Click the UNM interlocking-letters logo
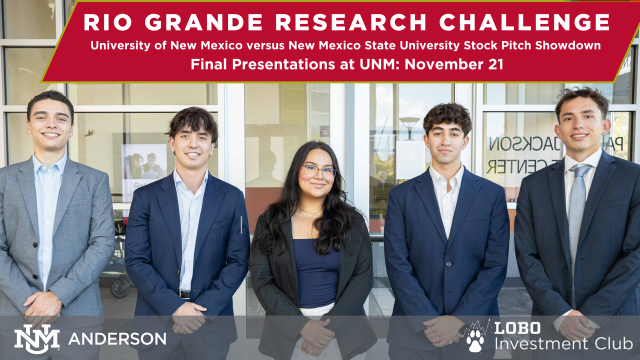point(36,339)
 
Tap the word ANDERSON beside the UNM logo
point(117,339)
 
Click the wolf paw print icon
point(475,339)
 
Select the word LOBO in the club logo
point(517,328)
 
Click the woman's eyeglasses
point(318,172)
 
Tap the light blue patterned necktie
point(576,220)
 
